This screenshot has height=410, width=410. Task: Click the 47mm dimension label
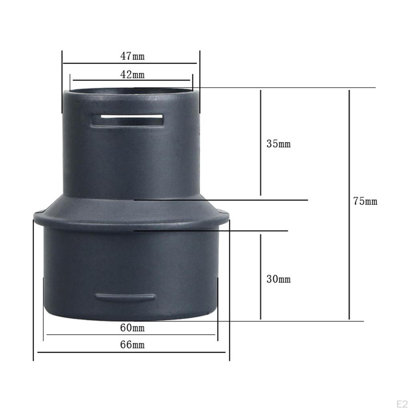(132, 56)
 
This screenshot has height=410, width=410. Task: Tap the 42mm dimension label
(132, 74)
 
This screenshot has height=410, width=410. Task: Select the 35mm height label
(278, 144)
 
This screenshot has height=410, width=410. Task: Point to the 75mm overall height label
(365, 201)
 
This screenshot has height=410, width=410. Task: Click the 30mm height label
(278, 279)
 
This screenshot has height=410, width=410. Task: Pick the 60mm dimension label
(132, 328)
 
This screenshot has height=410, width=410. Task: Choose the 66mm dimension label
(132, 344)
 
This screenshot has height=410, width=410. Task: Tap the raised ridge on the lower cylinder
(125, 297)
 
